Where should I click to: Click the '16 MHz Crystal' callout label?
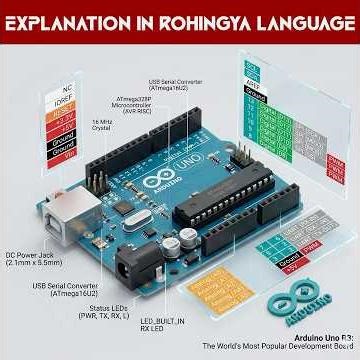(101, 126)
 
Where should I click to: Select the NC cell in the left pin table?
(59, 87)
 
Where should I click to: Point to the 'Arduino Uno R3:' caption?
(319, 337)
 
